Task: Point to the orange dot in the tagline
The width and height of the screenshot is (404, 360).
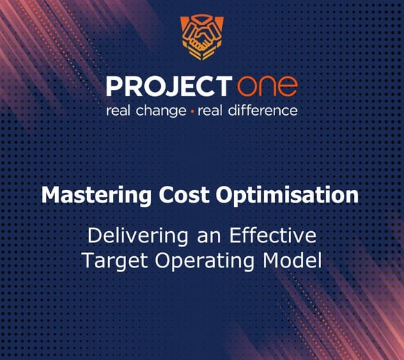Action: click(192, 111)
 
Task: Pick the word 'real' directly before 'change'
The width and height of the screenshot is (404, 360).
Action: click(119, 111)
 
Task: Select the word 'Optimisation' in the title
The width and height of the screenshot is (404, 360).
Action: click(289, 196)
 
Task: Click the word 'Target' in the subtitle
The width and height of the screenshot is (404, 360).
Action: click(111, 261)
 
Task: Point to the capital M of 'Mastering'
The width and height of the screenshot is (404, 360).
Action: click(51, 195)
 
